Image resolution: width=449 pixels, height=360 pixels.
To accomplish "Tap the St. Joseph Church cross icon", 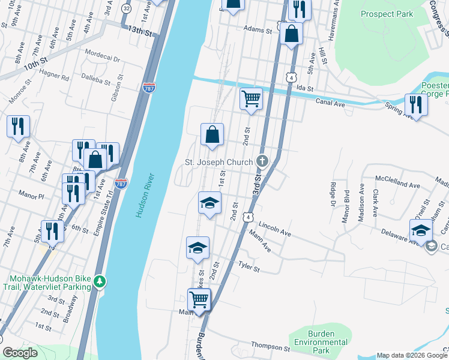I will (x=262, y=160).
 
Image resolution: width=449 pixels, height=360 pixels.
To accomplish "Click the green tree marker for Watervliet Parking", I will (x=102, y=280).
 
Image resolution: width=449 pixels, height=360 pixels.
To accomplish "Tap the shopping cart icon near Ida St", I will (x=251, y=98).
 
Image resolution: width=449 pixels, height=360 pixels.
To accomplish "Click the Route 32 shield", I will (x=125, y=8).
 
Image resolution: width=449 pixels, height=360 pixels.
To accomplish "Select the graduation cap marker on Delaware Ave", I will (x=421, y=230).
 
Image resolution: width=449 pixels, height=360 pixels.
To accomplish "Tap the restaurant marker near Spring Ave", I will (x=415, y=104).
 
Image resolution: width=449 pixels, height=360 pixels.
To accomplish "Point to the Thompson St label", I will (x=271, y=347).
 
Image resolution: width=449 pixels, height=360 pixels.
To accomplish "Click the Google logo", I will (x=20, y=353).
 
